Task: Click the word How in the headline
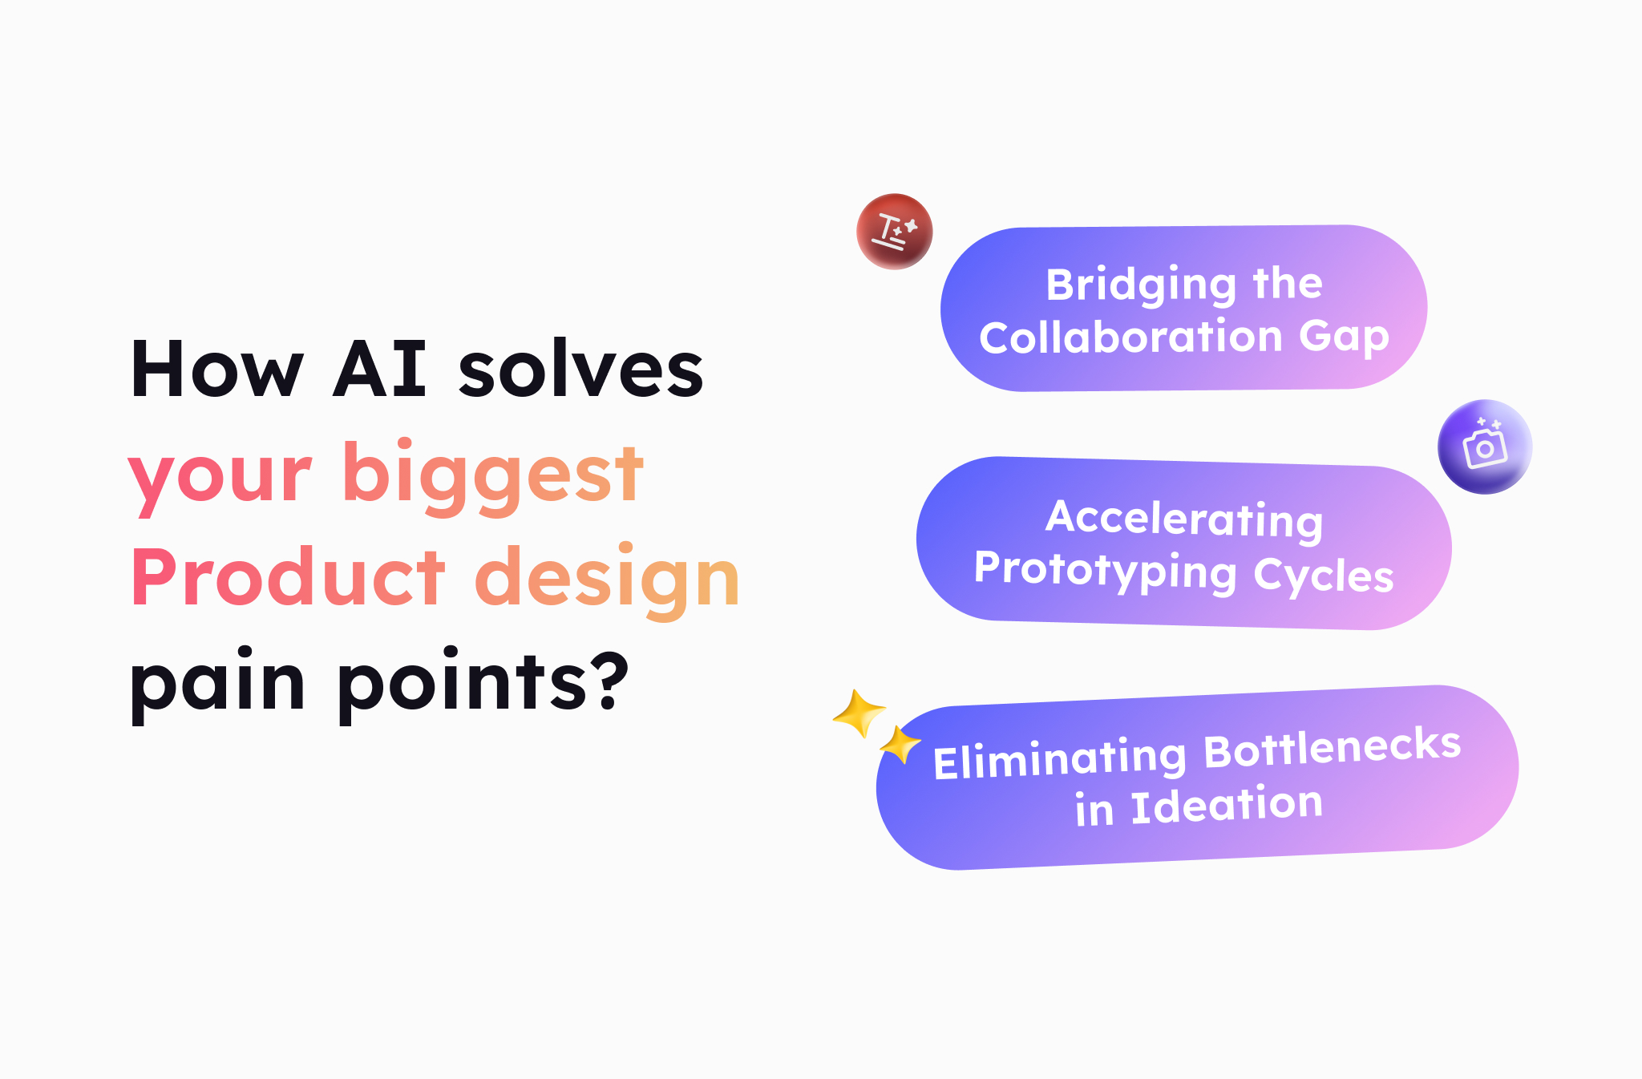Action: tap(216, 370)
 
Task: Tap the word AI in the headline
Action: tap(379, 370)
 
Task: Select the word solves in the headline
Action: tap(580, 370)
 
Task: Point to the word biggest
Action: tap(492, 475)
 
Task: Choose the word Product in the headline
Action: tap(288, 577)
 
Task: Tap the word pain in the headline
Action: tap(217, 683)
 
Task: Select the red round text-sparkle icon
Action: tap(894, 232)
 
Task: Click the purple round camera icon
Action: tap(1484, 447)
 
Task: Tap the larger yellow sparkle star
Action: tap(859, 713)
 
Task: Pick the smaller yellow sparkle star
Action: tap(900, 745)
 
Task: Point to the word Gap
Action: tap(1344, 337)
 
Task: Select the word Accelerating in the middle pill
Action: tap(1183, 519)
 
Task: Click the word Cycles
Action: tap(1323, 576)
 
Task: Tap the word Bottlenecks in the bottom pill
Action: tap(1332, 747)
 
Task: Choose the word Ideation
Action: tap(1226, 805)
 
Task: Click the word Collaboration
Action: tap(1130, 337)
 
